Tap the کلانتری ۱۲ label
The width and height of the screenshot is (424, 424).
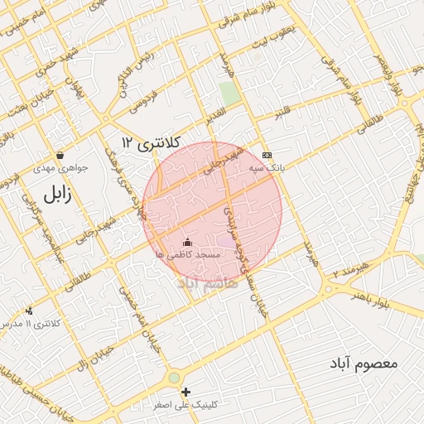149,142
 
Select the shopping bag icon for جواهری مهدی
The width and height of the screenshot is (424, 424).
60,155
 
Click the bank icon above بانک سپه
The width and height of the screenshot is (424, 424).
267,155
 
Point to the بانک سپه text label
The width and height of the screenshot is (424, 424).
267,167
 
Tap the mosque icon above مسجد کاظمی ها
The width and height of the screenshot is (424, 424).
186,243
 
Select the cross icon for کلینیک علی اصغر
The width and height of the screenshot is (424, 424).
186,392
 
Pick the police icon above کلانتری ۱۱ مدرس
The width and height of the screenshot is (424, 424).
30,311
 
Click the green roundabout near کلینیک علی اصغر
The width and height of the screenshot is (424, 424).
174,378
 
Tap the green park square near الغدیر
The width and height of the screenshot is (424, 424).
229,93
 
